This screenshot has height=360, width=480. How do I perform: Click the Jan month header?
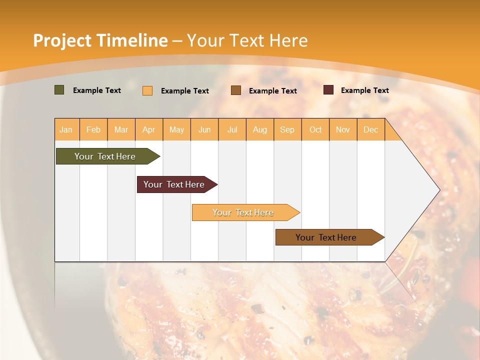point(66,129)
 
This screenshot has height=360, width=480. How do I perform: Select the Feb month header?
point(93,129)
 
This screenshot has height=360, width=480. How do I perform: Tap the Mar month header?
point(121,129)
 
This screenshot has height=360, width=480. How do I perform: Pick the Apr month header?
point(149,129)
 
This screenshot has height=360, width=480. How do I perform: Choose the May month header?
point(176,129)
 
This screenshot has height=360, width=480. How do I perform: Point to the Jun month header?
point(204,129)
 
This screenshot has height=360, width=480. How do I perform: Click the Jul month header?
point(232,129)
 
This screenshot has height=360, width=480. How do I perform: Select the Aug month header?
point(260,129)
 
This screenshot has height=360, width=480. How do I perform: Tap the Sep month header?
point(287,129)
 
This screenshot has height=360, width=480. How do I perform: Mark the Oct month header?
point(315,129)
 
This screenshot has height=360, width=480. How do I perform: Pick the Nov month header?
point(343,129)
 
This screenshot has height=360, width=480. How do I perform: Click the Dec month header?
point(371,129)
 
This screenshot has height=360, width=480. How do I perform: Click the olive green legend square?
point(59,90)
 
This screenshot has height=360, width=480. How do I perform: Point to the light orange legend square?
point(147,90)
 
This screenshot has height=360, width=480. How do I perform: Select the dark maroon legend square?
point(328,90)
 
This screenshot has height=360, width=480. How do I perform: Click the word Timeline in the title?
point(132,40)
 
